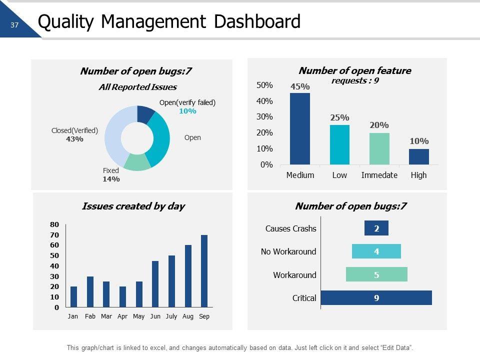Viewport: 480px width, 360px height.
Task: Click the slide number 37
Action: point(14,25)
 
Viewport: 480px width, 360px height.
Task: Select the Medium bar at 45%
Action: point(300,128)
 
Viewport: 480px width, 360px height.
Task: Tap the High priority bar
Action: point(419,156)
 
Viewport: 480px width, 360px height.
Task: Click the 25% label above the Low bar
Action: point(339,117)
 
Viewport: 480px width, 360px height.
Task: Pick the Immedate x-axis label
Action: point(379,175)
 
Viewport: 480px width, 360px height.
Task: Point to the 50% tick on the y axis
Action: point(264,85)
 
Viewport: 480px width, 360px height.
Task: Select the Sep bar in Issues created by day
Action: point(204,271)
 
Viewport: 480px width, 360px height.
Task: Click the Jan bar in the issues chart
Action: point(73,296)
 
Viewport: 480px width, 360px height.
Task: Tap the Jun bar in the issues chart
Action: point(155,284)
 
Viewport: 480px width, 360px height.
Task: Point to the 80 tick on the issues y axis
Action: point(54,224)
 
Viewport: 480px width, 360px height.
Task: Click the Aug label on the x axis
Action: point(188,316)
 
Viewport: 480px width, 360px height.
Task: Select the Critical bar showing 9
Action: point(376,298)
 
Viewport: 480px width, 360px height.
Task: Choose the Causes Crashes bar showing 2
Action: point(376,228)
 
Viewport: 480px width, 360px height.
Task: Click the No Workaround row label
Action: point(288,251)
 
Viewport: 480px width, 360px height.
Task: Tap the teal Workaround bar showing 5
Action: point(376,274)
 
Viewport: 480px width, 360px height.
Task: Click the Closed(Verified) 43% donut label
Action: point(74,134)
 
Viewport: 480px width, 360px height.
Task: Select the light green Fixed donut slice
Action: point(137,162)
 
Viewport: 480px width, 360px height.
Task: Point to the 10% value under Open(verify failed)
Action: point(187,111)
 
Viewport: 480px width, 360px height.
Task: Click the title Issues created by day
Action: point(133,206)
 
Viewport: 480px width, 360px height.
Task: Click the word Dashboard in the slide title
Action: point(255,22)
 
